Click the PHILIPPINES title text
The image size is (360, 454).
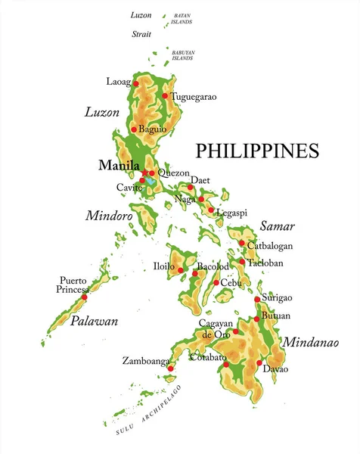(257, 151)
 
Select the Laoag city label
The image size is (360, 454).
(119, 81)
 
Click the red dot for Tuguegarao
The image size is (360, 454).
(165, 96)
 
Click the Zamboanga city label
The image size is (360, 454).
(145, 362)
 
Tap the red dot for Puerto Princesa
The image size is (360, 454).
(86, 297)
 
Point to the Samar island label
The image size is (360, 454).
(277, 225)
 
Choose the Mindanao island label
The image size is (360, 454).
(310, 342)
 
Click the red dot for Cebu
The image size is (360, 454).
(216, 283)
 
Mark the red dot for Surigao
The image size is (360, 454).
(257, 300)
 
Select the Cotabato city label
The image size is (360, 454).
(207, 356)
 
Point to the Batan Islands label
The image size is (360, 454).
(182, 18)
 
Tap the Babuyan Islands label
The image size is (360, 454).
(182, 55)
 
